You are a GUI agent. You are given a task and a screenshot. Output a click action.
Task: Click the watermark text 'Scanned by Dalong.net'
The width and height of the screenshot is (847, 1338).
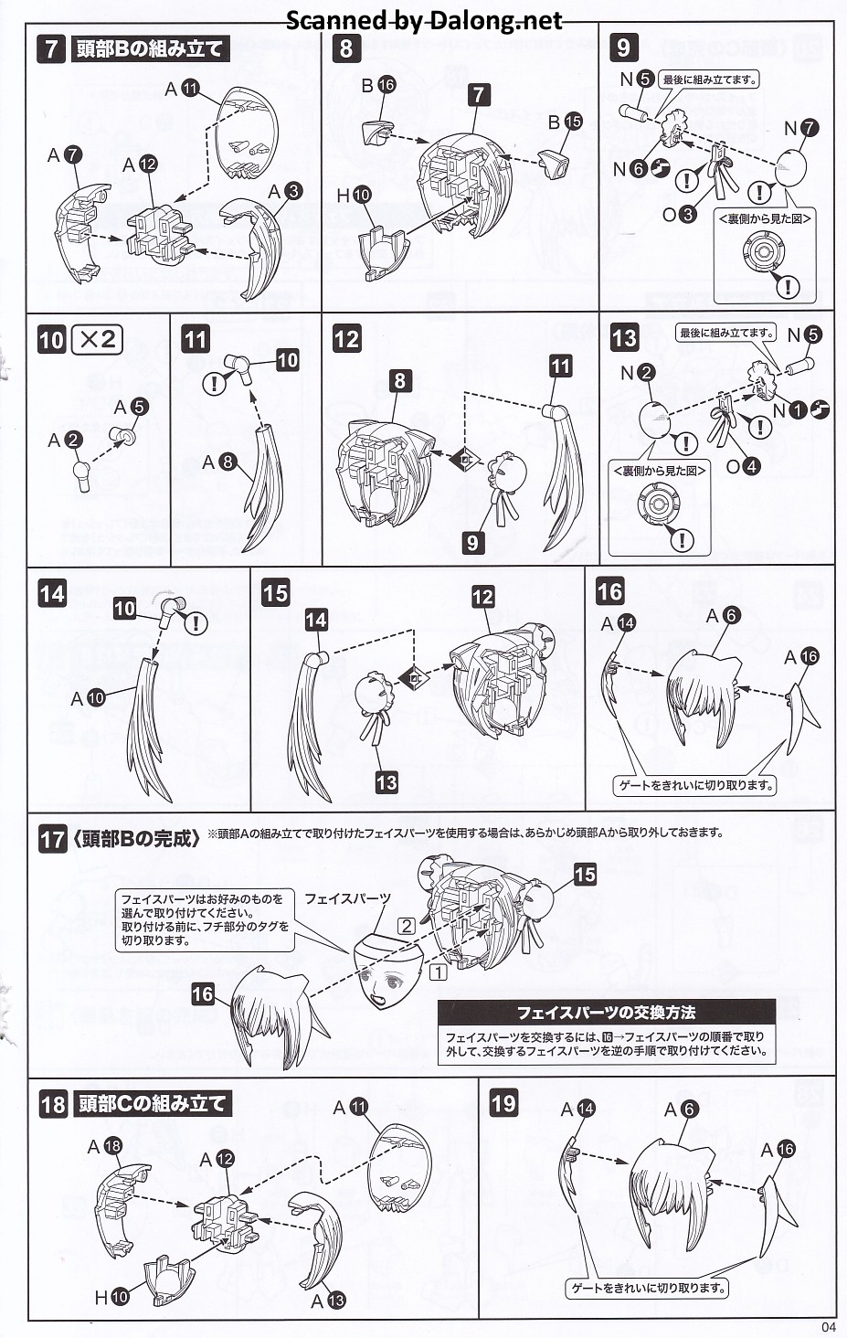click(x=424, y=20)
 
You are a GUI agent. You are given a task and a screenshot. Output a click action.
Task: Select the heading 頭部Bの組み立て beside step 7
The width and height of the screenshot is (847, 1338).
click(x=150, y=49)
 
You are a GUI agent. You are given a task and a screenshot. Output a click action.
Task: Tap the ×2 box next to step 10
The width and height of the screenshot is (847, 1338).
click(x=98, y=340)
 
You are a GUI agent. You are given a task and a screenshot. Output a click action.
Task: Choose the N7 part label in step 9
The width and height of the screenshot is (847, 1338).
click(x=800, y=129)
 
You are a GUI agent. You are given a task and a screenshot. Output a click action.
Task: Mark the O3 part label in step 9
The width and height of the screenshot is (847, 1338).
click(x=679, y=214)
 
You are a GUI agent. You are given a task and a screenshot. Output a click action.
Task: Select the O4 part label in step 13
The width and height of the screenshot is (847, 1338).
click(x=742, y=466)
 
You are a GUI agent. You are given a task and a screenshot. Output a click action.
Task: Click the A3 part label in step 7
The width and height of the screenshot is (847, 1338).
click(x=284, y=191)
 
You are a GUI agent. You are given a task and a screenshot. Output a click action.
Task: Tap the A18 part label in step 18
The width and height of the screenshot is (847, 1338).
click(x=104, y=1146)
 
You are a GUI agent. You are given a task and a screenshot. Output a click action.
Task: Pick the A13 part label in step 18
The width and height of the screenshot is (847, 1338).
click(x=328, y=1300)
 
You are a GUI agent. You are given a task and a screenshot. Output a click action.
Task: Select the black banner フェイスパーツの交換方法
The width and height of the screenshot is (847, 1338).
click(x=606, y=1013)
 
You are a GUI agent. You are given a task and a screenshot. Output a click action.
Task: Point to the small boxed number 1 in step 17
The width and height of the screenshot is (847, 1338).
click(x=439, y=972)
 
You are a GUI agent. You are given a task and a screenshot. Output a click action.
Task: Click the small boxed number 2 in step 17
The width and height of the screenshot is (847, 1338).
click(x=407, y=925)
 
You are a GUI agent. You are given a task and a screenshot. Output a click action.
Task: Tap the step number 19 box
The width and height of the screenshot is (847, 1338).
click(x=503, y=1103)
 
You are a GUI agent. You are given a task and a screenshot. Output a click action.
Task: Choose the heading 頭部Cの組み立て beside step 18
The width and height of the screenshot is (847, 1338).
click(x=152, y=1103)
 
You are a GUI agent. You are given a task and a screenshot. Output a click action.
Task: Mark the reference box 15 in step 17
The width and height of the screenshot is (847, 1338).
click(x=585, y=875)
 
